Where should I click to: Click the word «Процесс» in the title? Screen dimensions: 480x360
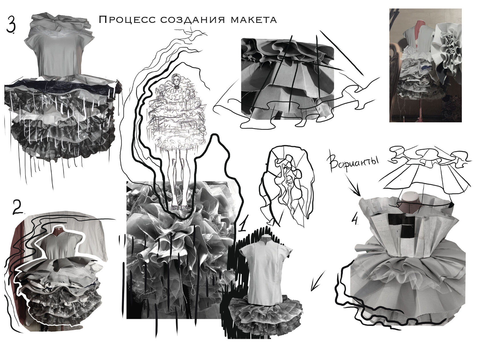pyautogui.click(x=127, y=20)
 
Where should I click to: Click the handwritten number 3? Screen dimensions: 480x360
pyautogui.click(x=11, y=25)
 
